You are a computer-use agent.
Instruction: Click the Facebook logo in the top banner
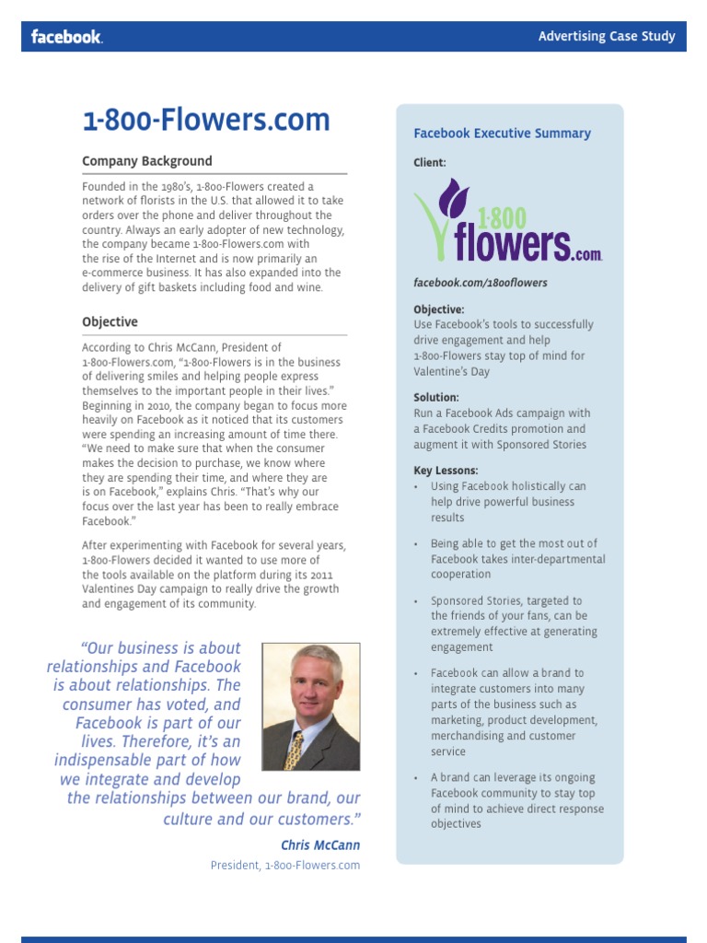(x=66, y=37)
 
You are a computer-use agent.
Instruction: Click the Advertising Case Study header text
(x=607, y=37)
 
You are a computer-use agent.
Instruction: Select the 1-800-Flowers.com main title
(x=206, y=120)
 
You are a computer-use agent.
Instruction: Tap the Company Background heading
(x=147, y=161)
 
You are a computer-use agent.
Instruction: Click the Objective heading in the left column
(x=110, y=322)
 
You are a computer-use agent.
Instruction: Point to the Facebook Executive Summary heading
(x=502, y=134)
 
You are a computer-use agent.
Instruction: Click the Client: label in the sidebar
(x=430, y=162)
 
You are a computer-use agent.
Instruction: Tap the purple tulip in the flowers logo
(x=452, y=200)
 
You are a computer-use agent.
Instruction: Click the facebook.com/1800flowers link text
(x=481, y=283)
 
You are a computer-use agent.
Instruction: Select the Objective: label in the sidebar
(x=439, y=309)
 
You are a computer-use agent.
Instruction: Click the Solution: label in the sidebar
(x=436, y=398)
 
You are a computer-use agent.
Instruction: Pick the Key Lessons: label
(x=446, y=471)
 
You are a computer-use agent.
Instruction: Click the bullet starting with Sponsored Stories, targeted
(x=514, y=624)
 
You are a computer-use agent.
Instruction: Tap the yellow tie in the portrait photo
(x=296, y=749)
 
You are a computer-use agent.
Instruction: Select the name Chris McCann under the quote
(x=320, y=845)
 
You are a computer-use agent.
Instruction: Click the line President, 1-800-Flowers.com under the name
(x=285, y=866)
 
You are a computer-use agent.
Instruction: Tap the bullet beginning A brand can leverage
(x=517, y=801)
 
